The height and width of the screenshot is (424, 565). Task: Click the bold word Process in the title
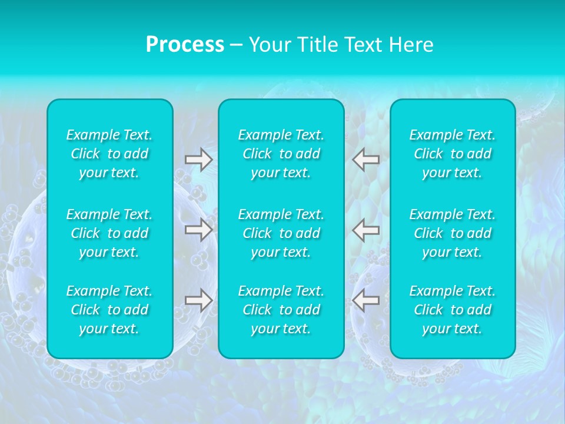[x=185, y=45]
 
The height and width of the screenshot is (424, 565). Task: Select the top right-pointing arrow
[x=198, y=160]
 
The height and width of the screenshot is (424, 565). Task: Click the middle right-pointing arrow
[x=198, y=230]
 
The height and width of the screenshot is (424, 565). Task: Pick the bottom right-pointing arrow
[x=198, y=300]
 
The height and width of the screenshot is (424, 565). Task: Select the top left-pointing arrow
[x=366, y=160]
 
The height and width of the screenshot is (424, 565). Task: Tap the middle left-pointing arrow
[x=366, y=230]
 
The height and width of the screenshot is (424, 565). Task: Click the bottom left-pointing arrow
[x=366, y=300]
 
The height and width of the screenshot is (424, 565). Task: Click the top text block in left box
[x=109, y=154]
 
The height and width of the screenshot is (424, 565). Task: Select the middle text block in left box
[x=109, y=233]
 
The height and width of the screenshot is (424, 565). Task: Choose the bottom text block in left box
[x=109, y=310]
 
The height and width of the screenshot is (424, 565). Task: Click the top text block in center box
[x=281, y=154]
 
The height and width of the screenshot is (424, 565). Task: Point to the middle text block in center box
[x=281, y=233]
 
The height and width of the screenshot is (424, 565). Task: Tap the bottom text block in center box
[x=281, y=310]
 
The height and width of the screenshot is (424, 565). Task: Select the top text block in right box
[x=453, y=154]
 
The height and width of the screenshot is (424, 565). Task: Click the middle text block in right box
[x=453, y=233]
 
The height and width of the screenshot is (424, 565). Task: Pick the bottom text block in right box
[x=453, y=310]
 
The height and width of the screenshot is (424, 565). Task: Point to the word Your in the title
[x=270, y=45]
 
